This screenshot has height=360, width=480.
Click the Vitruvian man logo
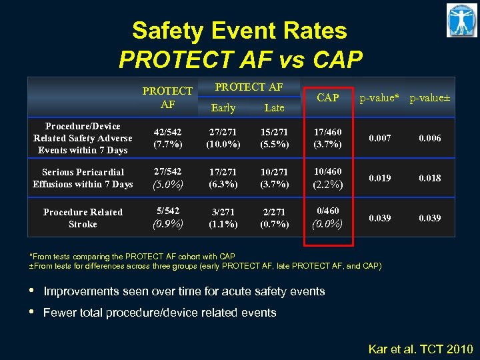click(461, 20)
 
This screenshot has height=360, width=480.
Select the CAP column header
click(327, 98)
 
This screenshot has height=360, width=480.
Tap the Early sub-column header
click(223, 107)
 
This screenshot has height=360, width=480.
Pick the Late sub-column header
click(274, 107)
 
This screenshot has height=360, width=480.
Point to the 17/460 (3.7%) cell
click(327, 138)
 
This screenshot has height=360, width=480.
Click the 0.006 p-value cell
click(430, 138)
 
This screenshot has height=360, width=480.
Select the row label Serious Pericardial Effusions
click(83, 178)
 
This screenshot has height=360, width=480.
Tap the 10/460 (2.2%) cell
click(327, 178)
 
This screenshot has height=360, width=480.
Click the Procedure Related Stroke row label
click(83, 218)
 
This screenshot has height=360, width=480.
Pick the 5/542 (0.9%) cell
click(167, 218)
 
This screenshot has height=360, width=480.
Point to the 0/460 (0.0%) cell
click(327, 218)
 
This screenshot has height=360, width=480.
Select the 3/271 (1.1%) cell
click(223, 218)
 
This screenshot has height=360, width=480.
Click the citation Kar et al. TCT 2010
click(421, 348)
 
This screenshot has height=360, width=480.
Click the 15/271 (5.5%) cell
click(274, 138)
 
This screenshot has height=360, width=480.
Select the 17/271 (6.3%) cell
click(223, 178)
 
